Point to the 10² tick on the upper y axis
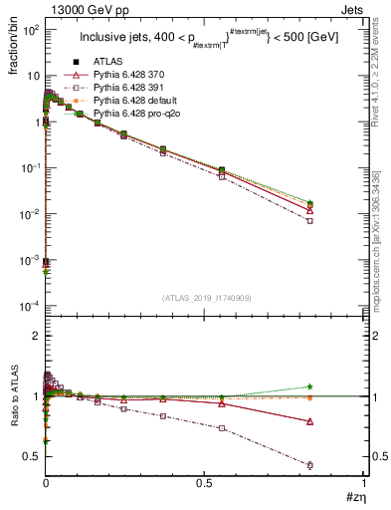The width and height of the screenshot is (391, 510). point(30,30)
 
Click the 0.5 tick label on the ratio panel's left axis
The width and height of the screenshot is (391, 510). point(32,456)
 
